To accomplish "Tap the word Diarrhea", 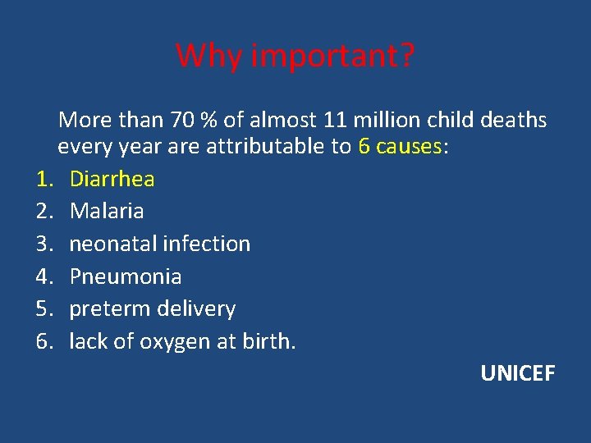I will tap(112, 178).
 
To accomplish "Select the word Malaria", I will tap(107, 211).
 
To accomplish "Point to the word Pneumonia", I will tap(126, 276).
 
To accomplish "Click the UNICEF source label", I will tap(518, 374).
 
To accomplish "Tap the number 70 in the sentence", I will tap(183, 121).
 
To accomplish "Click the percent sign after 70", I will tap(208, 121).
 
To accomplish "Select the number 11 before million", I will tap(334, 121).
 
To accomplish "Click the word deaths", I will tap(514, 121).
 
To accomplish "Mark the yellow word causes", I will tap(410, 148).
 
